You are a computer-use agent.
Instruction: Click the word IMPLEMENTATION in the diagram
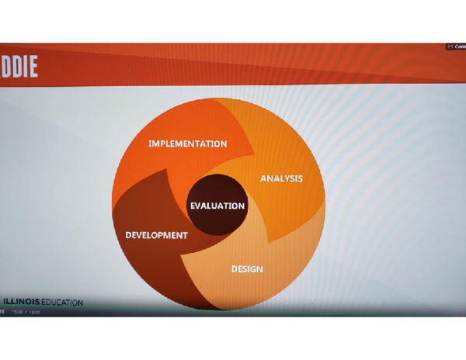(x=187, y=144)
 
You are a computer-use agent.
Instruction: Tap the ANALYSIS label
(x=281, y=178)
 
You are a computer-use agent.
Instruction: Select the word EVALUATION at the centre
(x=217, y=206)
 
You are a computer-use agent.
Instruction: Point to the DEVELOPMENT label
(x=156, y=235)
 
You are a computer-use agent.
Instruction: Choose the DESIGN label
(x=247, y=269)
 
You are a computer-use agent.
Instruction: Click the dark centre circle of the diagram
(x=217, y=193)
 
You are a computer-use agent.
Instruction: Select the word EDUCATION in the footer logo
(x=63, y=303)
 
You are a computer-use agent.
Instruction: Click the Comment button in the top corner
(x=459, y=47)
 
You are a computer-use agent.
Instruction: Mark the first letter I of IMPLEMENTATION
(x=150, y=144)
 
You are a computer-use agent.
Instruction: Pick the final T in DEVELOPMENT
(x=185, y=235)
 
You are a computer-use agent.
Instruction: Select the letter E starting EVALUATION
(x=193, y=206)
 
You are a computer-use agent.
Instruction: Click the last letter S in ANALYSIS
(x=300, y=178)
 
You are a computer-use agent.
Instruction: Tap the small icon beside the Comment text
(x=450, y=47)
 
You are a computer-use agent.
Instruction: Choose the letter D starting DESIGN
(x=235, y=269)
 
